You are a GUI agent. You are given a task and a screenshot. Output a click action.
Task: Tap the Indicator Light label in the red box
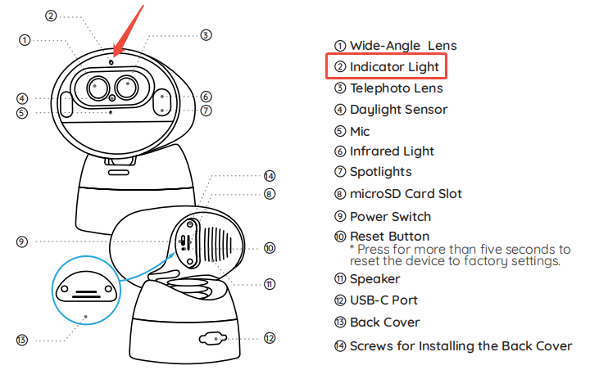pyautogui.click(x=394, y=66)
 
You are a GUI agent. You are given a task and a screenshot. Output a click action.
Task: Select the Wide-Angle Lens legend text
pyautogui.click(x=403, y=45)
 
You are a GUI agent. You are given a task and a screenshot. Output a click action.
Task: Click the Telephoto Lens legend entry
pyautogui.click(x=397, y=88)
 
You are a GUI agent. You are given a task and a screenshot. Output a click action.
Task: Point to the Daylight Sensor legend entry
pyautogui.click(x=398, y=109)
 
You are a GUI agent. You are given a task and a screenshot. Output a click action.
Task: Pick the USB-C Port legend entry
pyautogui.click(x=383, y=300)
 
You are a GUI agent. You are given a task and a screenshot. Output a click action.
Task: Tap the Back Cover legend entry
pyautogui.click(x=384, y=322)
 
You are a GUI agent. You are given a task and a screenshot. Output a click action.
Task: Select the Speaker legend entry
pyautogui.click(x=374, y=279)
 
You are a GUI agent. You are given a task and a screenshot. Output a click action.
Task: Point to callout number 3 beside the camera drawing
pyautogui.click(x=206, y=35)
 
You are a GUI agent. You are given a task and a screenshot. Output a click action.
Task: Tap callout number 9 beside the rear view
pyautogui.click(x=22, y=241)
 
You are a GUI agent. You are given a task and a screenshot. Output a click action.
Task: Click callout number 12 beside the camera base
pyautogui.click(x=270, y=337)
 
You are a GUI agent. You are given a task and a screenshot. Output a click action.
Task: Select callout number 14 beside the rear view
pyautogui.click(x=270, y=176)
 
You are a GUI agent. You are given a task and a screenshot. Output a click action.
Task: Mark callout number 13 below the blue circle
pyautogui.click(x=22, y=339)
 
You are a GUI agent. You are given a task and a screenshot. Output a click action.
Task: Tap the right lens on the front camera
pyautogui.click(x=126, y=84)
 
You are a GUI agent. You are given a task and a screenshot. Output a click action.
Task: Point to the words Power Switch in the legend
pyautogui.click(x=390, y=216)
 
